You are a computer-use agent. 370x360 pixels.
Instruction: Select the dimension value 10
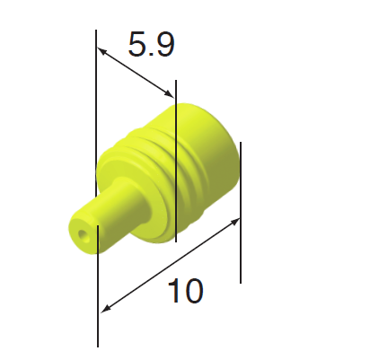(x=185, y=290)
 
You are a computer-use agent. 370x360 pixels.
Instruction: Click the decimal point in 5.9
(x=152, y=54)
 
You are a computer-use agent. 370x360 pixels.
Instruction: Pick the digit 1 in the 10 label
(x=174, y=290)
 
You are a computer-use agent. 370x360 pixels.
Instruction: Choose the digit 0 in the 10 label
(x=192, y=290)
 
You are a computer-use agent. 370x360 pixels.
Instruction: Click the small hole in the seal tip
(x=84, y=236)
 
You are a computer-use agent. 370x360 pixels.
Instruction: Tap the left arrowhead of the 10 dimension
(x=106, y=308)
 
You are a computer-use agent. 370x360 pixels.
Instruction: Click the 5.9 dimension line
(x=135, y=72)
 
